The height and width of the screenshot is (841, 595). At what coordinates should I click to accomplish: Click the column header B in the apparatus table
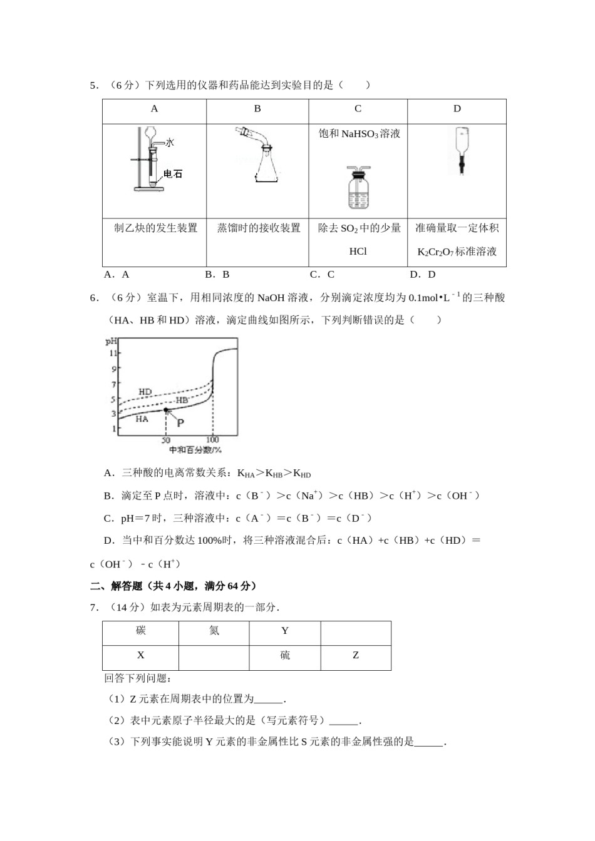click(x=257, y=109)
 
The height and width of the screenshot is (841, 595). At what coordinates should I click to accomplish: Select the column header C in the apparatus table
click(x=358, y=109)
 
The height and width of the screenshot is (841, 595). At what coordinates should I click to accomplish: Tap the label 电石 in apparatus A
click(x=172, y=174)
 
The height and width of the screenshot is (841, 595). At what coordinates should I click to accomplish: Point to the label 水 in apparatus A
click(x=169, y=143)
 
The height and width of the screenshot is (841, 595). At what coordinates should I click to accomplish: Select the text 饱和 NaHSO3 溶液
click(x=359, y=133)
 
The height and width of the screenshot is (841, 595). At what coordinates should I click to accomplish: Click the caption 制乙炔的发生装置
click(x=155, y=228)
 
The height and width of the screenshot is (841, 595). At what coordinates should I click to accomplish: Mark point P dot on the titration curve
click(x=165, y=410)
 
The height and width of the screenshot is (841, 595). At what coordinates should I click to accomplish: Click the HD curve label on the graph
click(x=145, y=392)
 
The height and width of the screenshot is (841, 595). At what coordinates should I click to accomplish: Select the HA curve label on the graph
click(x=142, y=419)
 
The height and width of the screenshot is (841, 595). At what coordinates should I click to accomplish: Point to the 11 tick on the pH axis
click(x=113, y=354)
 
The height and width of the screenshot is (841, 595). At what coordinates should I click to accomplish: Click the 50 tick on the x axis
click(x=165, y=441)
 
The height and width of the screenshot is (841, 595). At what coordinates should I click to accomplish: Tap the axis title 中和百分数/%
click(x=195, y=450)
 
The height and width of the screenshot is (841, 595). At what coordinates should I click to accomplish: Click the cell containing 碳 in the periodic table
click(x=141, y=631)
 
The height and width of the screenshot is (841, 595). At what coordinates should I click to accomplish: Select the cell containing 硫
click(x=285, y=655)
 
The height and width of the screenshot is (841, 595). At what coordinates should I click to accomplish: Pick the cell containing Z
click(x=356, y=655)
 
